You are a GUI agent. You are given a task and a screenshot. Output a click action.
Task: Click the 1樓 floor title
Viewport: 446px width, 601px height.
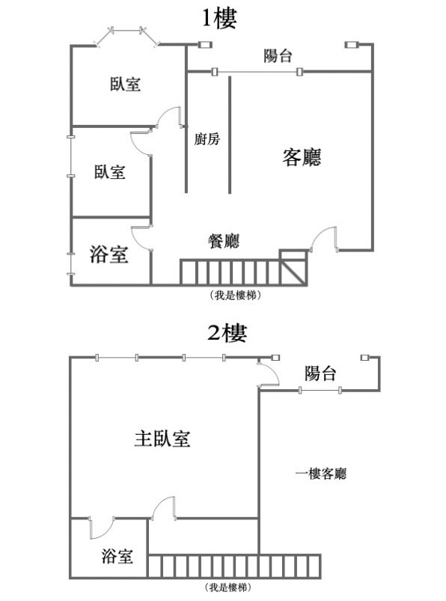click(x=219, y=18)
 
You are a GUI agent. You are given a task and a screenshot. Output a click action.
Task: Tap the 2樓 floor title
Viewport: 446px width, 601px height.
click(x=227, y=333)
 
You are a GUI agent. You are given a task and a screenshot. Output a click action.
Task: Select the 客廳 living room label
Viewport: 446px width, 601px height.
click(x=302, y=156)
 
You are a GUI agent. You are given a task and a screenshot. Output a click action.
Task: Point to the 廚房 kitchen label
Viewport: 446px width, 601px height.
click(x=207, y=138)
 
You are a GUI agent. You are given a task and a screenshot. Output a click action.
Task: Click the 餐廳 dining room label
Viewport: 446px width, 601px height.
click(x=224, y=241)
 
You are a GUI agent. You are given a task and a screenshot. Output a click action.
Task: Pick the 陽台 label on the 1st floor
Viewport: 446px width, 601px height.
click(x=278, y=55)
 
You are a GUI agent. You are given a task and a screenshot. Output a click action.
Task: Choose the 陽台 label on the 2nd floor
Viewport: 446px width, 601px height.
click(x=320, y=373)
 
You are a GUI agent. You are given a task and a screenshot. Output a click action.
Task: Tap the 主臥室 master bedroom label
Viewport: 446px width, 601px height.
click(x=162, y=439)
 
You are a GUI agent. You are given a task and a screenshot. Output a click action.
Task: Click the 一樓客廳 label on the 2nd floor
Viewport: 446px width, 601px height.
click(x=321, y=474)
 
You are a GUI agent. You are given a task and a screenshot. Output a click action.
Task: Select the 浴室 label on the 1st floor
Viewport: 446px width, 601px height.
click(x=109, y=254)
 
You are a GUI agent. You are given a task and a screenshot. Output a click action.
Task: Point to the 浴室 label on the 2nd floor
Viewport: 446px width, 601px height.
click(x=117, y=556)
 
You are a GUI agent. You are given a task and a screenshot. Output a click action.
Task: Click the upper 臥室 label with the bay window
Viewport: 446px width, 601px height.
click(x=125, y=84)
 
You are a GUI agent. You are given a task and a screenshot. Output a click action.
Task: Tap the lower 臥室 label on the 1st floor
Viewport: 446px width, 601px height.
click(x=109, y=171)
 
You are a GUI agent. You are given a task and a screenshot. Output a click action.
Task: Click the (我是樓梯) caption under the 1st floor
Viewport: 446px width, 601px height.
click(x=235, y=295)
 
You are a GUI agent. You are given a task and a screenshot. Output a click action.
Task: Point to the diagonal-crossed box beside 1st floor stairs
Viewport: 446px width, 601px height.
click(x=293, y=267)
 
